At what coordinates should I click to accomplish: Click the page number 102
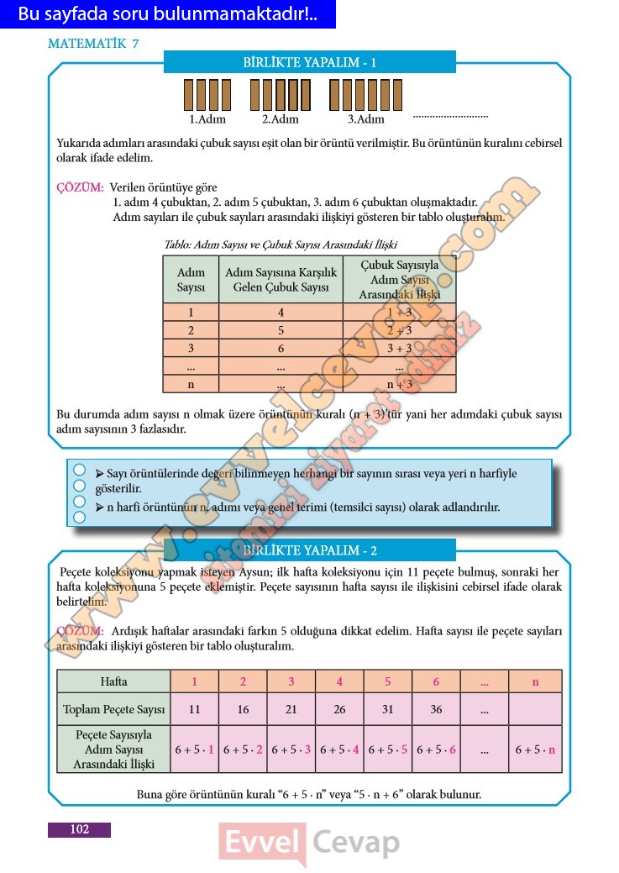click(80, 829)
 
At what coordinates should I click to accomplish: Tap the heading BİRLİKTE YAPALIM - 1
click(309, 62)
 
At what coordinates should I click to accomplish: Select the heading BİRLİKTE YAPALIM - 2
click(309, 550)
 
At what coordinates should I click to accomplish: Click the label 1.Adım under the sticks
click(207, 119)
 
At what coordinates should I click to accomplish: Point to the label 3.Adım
click(365, 119)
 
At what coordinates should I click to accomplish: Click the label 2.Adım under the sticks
click(281, 119)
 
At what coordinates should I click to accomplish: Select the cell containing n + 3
click(399, 384)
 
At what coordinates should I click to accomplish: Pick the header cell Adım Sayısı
click(191, 280)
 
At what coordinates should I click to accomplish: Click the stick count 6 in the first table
click(281, 349)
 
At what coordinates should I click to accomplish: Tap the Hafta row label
click(113, 681)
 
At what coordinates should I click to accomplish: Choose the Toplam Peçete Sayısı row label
click(113, 709)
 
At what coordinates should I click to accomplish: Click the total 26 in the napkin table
click(339, 709)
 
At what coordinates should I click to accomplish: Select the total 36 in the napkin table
click(436, 709)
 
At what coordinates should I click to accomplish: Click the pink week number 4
click(339, 681)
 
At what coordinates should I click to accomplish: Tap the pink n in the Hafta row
click(535, 681)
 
